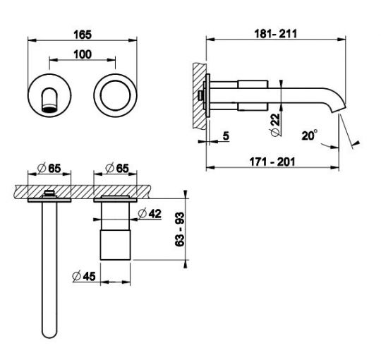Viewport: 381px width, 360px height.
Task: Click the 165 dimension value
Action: point(83,35)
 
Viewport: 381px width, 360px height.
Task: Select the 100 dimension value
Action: point(83,54)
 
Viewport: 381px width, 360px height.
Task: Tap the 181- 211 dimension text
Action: point(276,34)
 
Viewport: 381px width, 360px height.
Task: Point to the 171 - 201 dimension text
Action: point(272,162)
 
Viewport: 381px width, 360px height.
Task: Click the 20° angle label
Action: point(309,135)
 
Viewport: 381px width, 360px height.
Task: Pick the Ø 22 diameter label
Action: point(275,125)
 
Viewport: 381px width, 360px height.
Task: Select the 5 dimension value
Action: point(226,136)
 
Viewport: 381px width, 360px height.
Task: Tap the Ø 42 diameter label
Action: point(150,213)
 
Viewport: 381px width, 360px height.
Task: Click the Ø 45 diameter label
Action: point(84,276)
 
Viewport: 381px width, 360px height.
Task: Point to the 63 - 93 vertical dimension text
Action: point(180,229)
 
